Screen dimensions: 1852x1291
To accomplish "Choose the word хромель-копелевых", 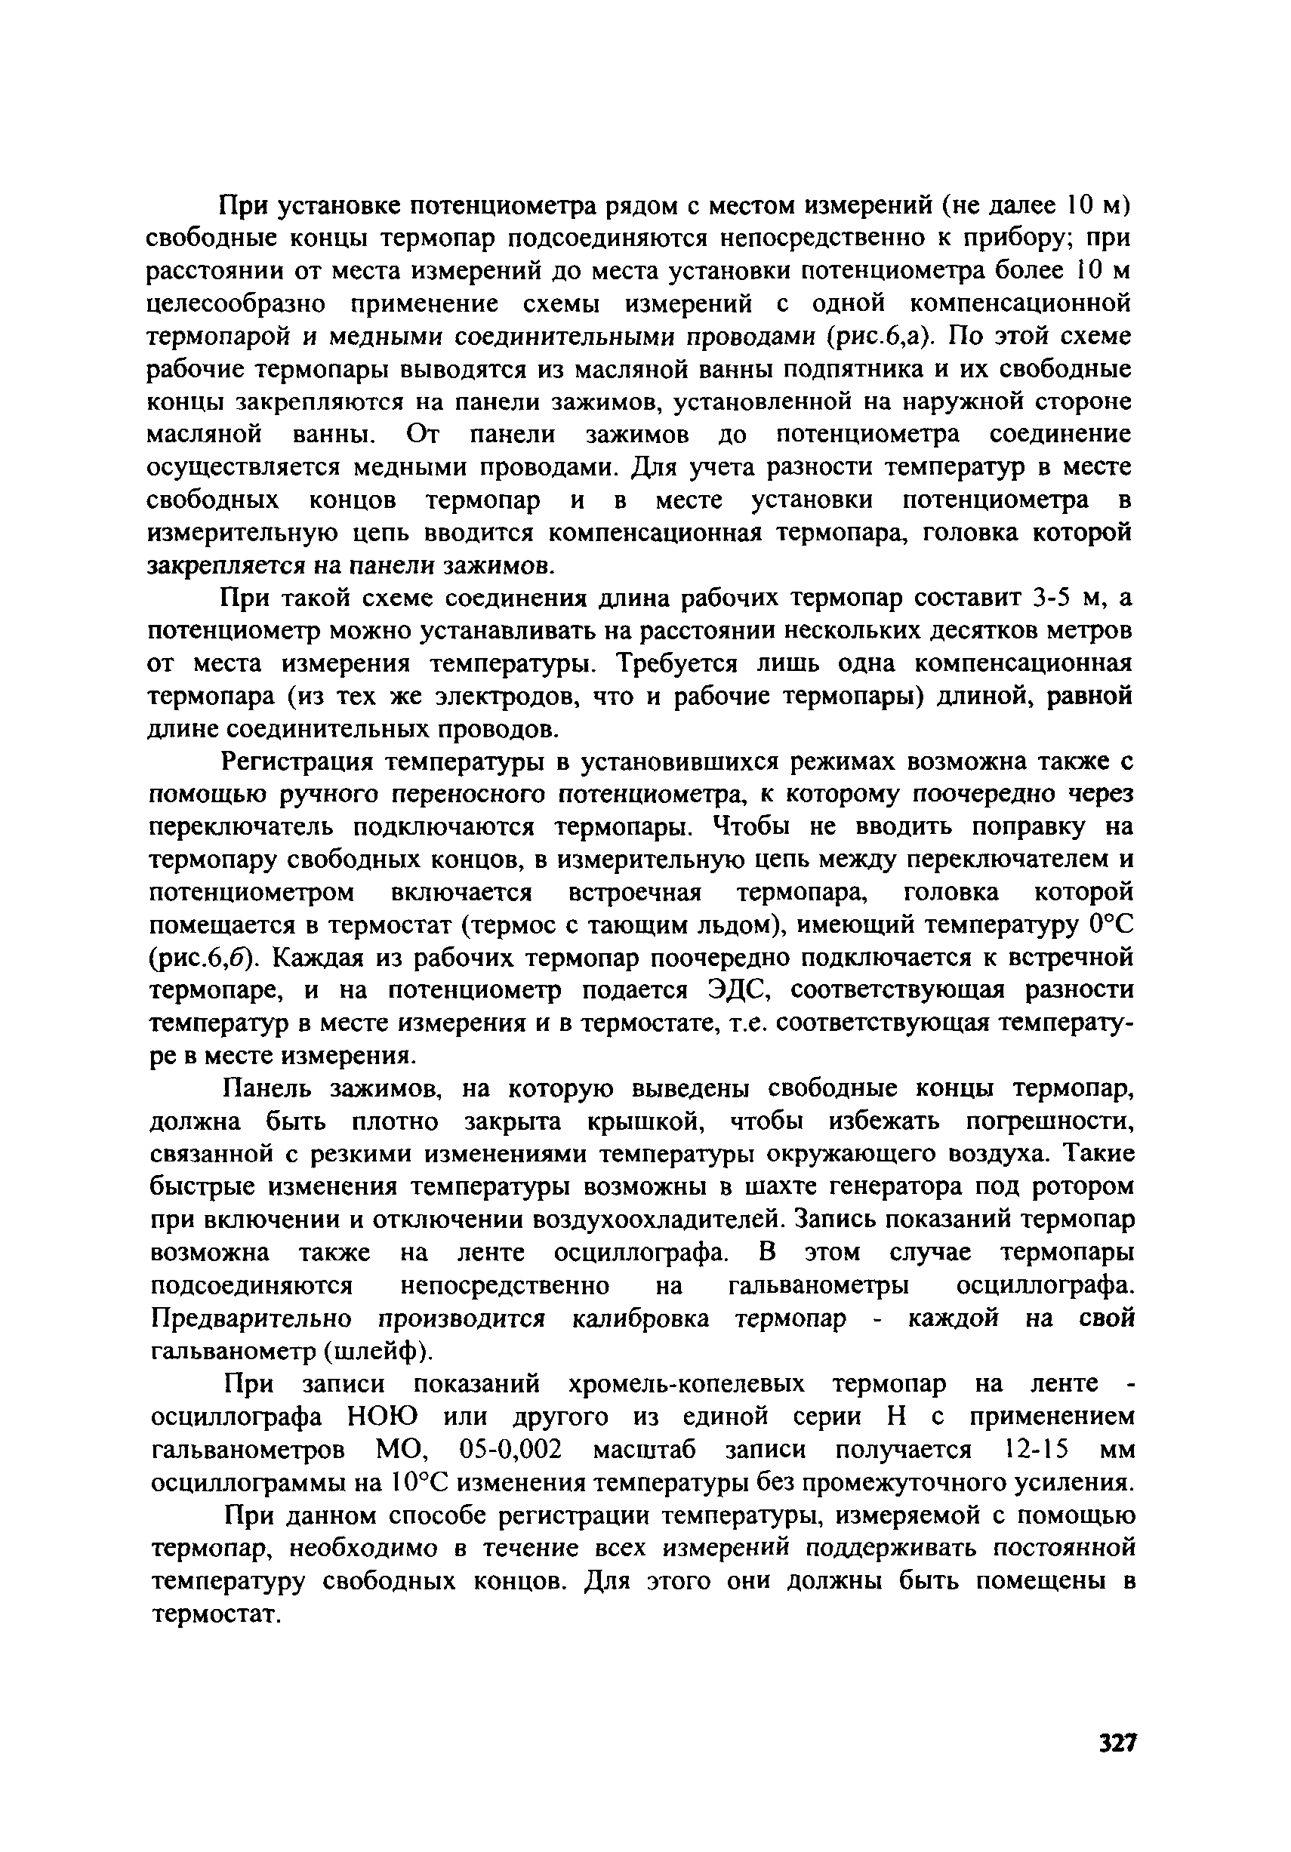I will click(687, 1384).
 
